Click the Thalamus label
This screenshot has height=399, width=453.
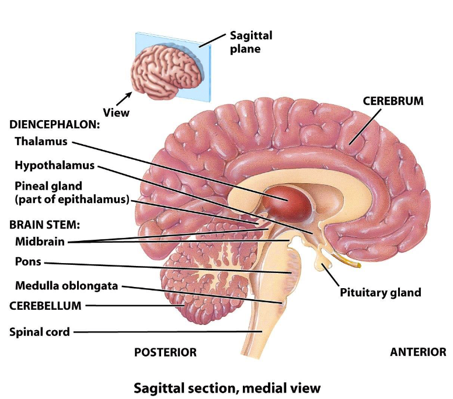click(x=41, y=141)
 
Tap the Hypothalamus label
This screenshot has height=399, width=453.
click(x=54, y=165)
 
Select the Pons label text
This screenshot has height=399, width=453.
click(x=28, y=261)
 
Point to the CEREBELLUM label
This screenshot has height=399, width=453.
click(x=45, y=305)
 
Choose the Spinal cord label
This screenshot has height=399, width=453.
click(x=40, y=332)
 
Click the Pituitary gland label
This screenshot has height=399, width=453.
click(x=380, y=292)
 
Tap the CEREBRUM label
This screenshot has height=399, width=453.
click(x=393, y=100)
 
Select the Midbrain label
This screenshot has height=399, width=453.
click(x=40, y=242)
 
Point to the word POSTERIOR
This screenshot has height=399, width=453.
click(x=165, y=352)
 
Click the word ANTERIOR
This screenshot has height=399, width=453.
click(x=418, y=352)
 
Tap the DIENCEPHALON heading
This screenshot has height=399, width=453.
click(x=54, y=124)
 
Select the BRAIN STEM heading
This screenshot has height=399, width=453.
click(x=44, y=224)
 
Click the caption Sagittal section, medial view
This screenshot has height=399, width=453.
click(x=227, y=387)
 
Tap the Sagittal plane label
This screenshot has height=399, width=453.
click(x=250, y=42)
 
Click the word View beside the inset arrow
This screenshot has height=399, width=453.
click(x=116, y=112)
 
